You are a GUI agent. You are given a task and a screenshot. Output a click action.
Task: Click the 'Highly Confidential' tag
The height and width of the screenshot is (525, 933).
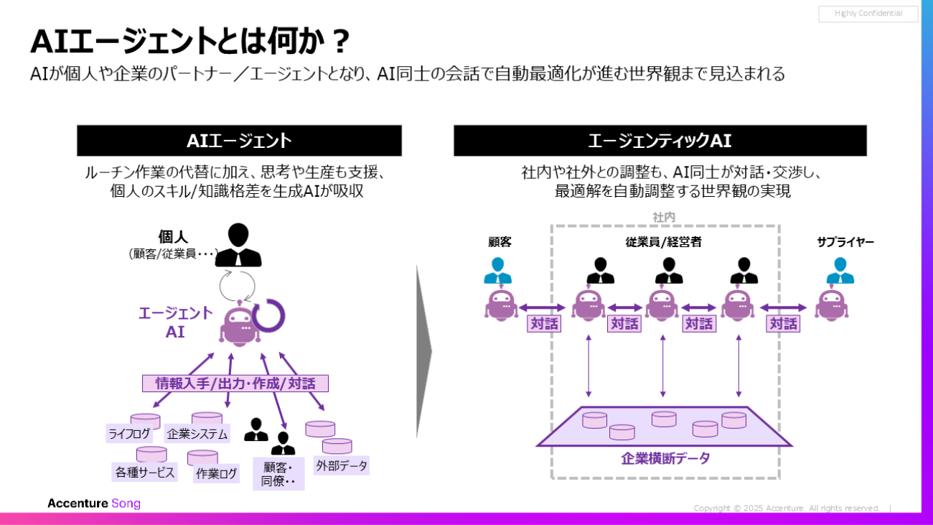868,14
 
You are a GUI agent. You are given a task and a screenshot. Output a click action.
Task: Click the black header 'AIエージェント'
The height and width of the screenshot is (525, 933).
239,141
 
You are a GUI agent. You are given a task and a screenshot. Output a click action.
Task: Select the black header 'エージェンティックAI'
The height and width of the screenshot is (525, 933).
660,141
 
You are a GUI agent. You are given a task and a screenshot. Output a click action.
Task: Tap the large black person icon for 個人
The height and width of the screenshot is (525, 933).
238,246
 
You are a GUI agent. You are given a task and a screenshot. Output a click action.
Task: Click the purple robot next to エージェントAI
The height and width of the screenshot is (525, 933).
240,327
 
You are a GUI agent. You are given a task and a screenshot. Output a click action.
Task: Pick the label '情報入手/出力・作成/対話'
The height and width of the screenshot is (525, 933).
235,384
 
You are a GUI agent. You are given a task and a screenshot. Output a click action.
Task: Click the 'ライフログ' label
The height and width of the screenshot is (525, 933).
128,434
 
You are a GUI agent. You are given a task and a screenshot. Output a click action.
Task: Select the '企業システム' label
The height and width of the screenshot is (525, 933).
197,434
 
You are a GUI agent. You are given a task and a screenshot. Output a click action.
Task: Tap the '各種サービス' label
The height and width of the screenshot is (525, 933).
145,473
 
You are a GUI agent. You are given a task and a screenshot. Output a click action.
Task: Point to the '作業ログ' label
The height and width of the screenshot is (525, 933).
217,473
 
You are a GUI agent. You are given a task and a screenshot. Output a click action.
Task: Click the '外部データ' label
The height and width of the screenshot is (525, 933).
342,465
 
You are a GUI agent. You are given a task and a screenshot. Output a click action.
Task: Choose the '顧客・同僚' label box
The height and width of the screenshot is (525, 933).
278,473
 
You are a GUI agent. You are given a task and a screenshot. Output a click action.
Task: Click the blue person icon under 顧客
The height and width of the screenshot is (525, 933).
498,271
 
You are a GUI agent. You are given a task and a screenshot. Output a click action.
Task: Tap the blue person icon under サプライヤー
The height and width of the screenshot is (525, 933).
840,271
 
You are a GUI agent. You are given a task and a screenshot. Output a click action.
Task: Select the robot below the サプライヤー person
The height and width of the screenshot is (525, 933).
833,305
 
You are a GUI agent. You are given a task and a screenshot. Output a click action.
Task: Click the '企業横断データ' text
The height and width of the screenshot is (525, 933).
665,458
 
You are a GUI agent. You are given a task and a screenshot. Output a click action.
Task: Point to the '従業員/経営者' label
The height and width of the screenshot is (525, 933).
663,242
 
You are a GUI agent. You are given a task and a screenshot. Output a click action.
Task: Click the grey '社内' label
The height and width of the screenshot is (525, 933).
664,217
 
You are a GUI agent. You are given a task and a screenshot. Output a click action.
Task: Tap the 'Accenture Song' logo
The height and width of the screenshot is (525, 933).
94,503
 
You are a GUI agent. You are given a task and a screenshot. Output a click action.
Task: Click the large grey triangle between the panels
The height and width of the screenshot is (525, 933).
423,352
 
